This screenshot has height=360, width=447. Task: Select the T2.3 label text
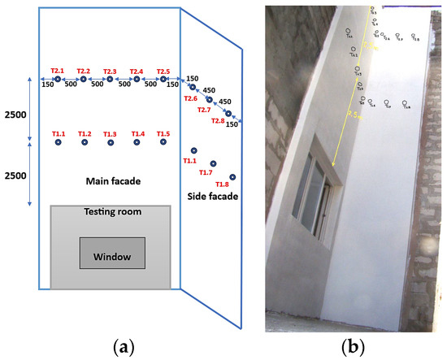(110, 70)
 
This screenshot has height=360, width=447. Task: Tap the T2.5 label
(163, 70)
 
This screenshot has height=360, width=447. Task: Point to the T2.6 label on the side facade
(191, 98)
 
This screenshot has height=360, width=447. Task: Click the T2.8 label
(218, 121)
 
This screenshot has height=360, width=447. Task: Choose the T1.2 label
(84, 133)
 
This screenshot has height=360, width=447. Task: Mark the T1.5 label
(163, 133)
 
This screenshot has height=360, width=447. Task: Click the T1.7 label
(206, 173)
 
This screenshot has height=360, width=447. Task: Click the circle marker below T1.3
(110, 142)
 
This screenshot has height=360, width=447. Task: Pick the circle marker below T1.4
(137, 142)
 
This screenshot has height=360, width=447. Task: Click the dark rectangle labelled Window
(112, 254)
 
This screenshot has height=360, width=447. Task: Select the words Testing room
(113, 212)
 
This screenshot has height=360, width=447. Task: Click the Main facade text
(113, 179)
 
